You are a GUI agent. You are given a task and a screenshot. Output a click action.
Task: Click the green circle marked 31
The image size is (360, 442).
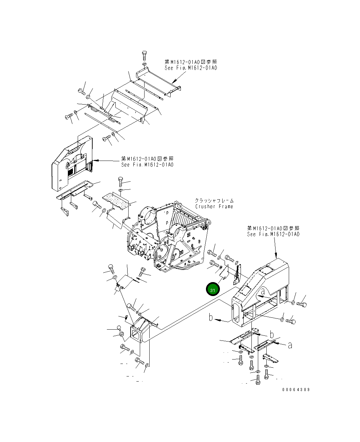point(213,289)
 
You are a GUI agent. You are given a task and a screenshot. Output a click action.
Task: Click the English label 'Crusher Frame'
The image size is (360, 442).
point(214,206)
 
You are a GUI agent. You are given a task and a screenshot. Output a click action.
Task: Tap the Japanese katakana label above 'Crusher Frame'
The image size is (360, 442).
point(214,201)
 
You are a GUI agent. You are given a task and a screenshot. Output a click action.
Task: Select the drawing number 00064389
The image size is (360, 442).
point(296,390)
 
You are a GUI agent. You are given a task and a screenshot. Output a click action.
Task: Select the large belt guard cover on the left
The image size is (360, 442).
point(71,163)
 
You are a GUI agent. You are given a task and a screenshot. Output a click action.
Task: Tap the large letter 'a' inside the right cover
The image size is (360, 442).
point(263,291)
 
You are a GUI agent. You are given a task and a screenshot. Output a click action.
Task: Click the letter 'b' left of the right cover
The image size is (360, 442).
point(211,318)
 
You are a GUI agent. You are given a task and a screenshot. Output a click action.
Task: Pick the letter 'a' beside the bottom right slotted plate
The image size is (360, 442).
point(290,345)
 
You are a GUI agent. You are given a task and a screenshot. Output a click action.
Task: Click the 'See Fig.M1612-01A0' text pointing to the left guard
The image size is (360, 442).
point(147,165)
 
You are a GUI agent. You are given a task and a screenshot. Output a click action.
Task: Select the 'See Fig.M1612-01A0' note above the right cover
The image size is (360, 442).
point(273,234)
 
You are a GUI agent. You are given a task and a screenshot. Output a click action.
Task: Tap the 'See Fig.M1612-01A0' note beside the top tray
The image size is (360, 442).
point(191,68)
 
